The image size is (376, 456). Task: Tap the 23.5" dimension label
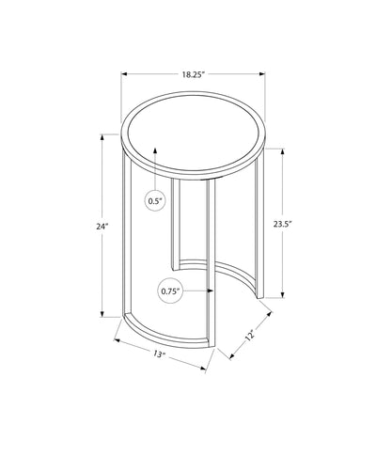point(281,225)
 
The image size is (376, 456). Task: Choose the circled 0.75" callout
point(169,291)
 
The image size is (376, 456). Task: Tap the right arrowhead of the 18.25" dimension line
point(264,71)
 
